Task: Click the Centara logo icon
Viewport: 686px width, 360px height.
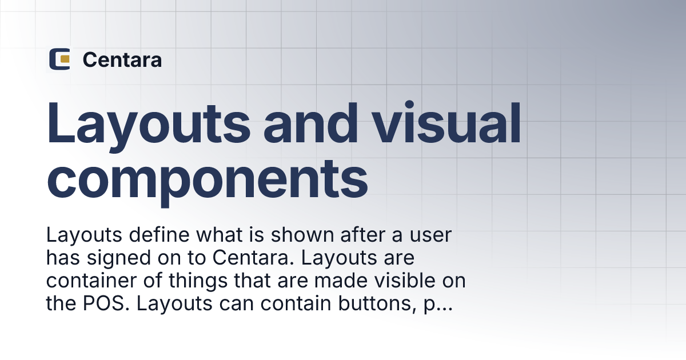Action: [x=59, y=59]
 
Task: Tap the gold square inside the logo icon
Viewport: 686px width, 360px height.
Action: [x=65, y=59]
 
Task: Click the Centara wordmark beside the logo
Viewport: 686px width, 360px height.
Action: [x=122, y=59]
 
